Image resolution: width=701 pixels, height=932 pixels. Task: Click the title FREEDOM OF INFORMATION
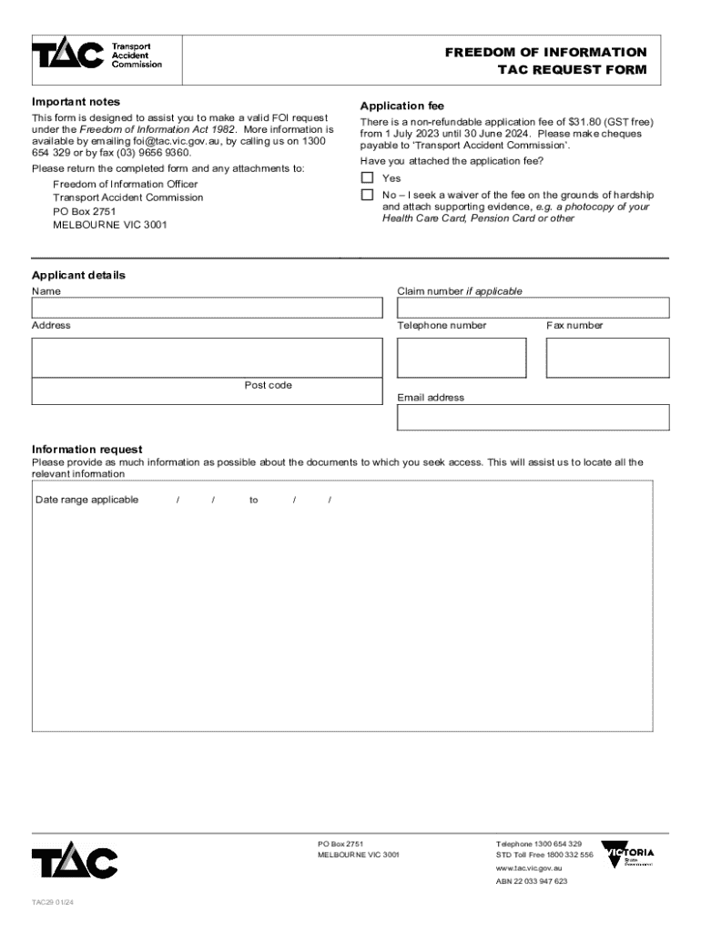pyautogui.click(x=545, y=52)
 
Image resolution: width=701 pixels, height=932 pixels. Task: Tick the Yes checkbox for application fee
pyautogui.click(x=367, y=177)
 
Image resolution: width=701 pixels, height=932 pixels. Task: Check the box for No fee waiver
pyautogui.click(x=367, y=195)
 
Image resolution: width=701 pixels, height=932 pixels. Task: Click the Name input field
pyautogui.click(x=207, y=309)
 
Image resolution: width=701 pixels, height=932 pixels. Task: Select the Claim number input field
pyautogui.click(x=533, y=309)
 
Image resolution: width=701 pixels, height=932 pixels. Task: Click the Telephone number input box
pyautogui.click(x=462, y=357)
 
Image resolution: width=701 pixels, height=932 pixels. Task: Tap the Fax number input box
pyautogui.click(x=607, y=357)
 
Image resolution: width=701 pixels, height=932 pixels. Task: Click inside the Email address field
pyautogui.click(x=533, y=418)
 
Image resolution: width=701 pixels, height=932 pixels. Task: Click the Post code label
pyautogui.click(x=268, y=385)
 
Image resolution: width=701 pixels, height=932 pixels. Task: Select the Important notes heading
pyautogui.click(x=76, y=102)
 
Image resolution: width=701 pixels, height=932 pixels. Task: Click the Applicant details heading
pyautogui.click(x=78, y=275)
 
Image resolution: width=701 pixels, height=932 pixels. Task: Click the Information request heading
pyautogui.click(x=86, y=449)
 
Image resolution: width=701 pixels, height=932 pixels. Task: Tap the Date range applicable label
pyautogui.click(x=86, y=500)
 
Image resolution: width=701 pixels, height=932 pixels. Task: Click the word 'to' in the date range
pyautogui.click(x=254, y=500)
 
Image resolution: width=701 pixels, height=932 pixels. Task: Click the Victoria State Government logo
pyautogui.click(x=628, y=855)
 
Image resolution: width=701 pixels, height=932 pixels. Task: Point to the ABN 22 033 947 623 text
pyautogui.click(x=532, y=881)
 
